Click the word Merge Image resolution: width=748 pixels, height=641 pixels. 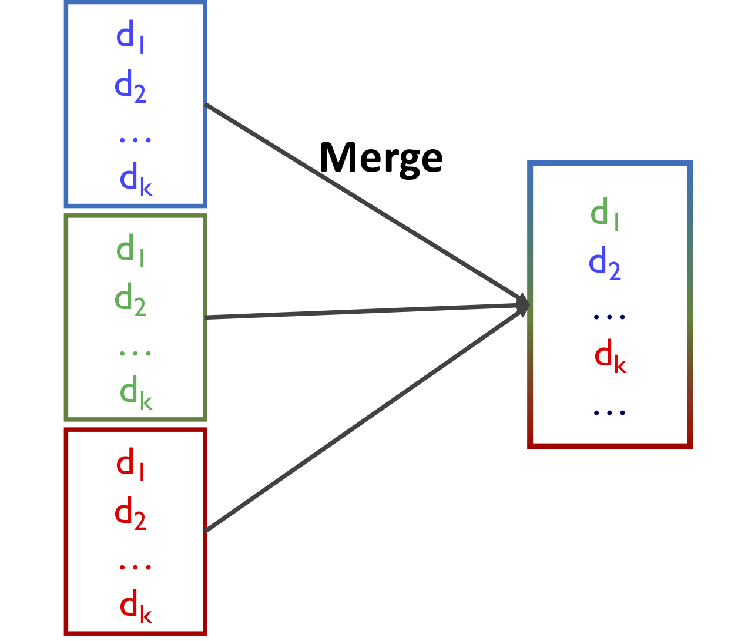(381, 159)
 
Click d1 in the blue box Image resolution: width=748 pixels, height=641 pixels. (130, 38)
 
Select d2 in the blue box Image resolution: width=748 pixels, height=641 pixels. (130, 88)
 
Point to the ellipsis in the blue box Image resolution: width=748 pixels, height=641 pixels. (135, 140)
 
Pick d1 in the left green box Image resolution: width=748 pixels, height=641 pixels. (130, 251)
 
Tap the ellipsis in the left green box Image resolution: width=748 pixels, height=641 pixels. (135, 353)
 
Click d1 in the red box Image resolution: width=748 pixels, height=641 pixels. (130, 465)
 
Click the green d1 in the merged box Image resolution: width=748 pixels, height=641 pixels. (605, 214)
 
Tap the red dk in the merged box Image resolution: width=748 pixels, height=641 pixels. (611, 357)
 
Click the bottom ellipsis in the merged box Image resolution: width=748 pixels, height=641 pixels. (609, 412)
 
